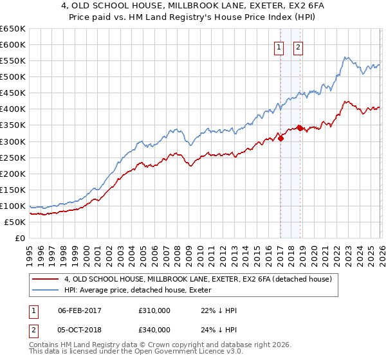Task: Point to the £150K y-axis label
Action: pos(13,190)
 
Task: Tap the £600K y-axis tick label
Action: pos(13,45)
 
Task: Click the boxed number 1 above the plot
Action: pos(280,46)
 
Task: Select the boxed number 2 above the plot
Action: pos(299,46)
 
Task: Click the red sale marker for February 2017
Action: pos(280,138)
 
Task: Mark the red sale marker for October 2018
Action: pos(300,128)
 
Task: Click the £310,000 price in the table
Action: pos(154,310)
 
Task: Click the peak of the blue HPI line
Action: pos(345,57)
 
